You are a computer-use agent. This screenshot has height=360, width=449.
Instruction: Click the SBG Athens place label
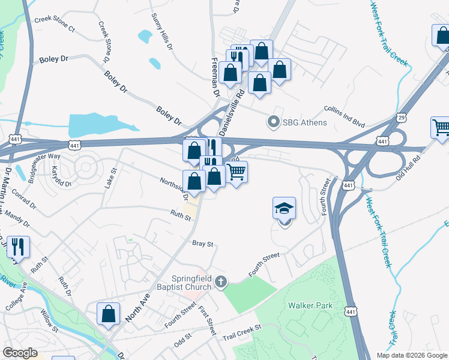click(305, 123)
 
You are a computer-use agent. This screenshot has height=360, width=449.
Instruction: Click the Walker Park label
click(310, 305)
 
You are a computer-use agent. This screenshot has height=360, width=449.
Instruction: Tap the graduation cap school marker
click(285, 209)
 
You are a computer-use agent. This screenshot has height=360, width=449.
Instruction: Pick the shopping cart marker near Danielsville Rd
click(236, 173)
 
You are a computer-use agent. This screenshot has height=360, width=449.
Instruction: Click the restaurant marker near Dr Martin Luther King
click(17, 247)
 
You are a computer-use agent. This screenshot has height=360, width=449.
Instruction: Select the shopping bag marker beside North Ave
click(108, 314)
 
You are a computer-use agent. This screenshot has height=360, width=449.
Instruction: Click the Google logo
click(20, 353)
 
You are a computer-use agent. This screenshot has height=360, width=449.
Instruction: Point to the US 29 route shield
click(401, 118)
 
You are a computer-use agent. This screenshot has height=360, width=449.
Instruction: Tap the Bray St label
click(203, 244)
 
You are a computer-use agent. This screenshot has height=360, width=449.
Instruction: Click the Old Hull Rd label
click(409, 161)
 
